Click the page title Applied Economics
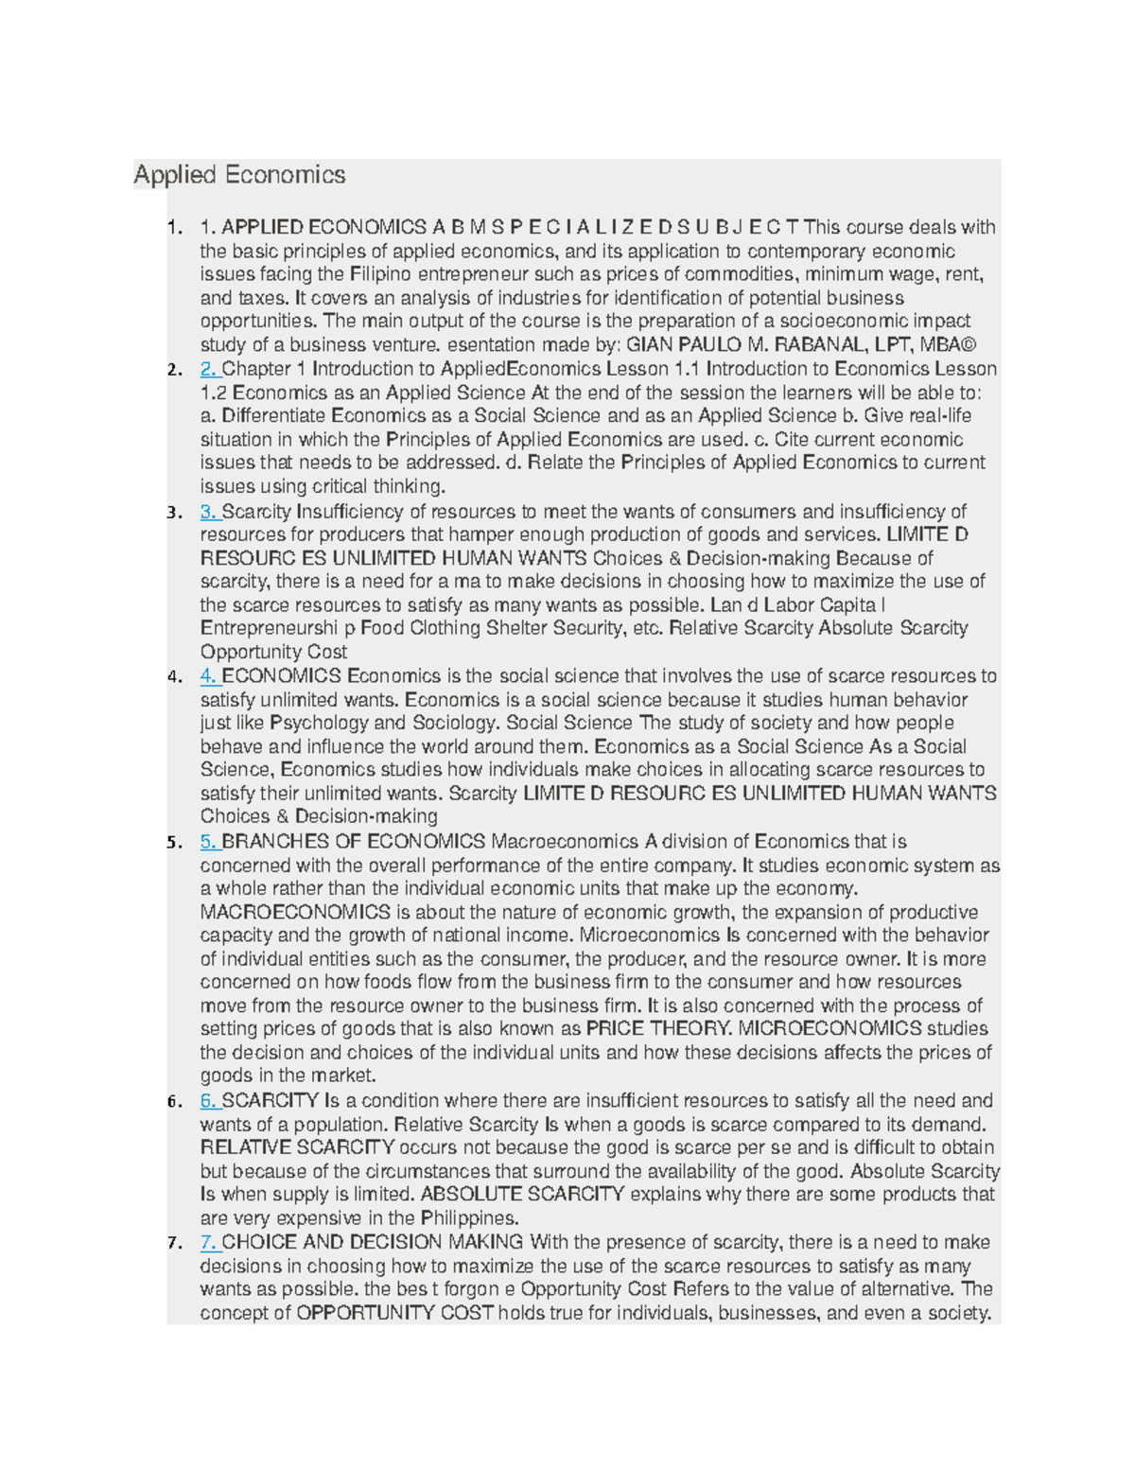point(239,175)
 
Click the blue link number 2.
point(208,369)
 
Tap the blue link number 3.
point(208,512)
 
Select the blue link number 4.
point(208,676)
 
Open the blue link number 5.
point(208,842)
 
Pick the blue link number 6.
point(208,1101)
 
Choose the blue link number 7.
point(208,1242)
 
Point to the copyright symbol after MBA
point(968,344)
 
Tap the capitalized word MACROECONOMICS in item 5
point(295,913)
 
